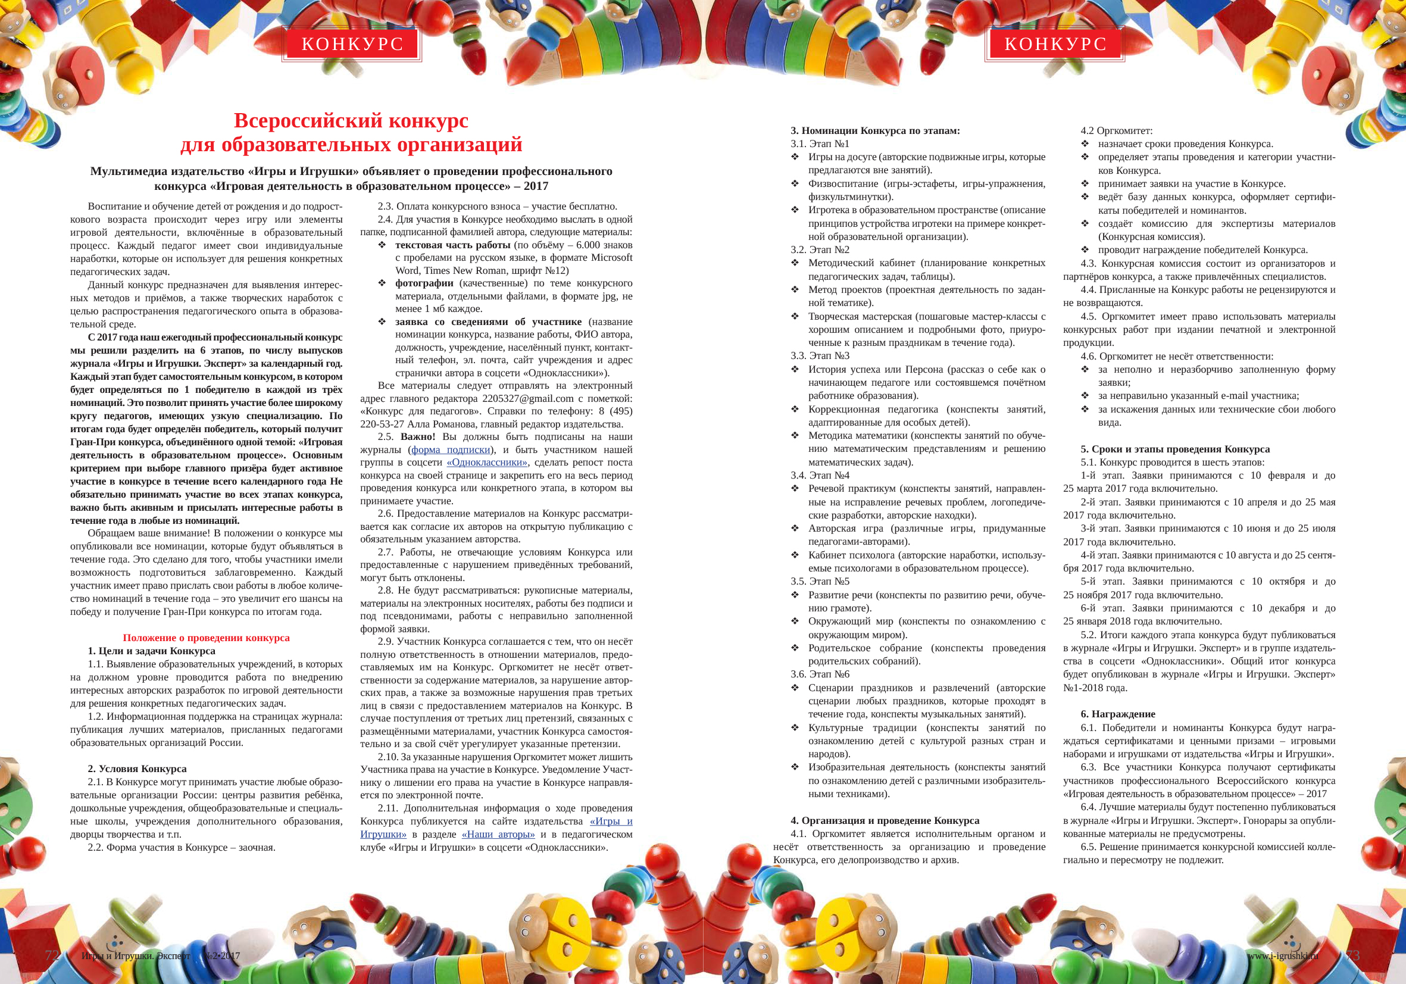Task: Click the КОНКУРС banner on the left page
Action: coord(352,44)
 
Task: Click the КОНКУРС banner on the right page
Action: coord(1055,44)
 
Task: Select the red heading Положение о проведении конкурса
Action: coord(207,638)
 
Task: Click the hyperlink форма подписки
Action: coord(451,449)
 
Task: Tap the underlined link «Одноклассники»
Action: coord(487,463)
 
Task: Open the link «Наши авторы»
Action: coord(498,834)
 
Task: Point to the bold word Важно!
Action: coord(418,436)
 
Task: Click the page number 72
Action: coord(52,955)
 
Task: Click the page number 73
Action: coord(1352,955)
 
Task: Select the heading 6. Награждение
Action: coord(1117,714)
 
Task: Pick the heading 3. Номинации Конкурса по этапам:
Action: coord(875,130)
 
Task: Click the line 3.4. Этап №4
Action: coord(820,475)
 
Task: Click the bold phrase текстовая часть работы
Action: coord(452,245)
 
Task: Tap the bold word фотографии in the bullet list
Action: coord(424,283)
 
